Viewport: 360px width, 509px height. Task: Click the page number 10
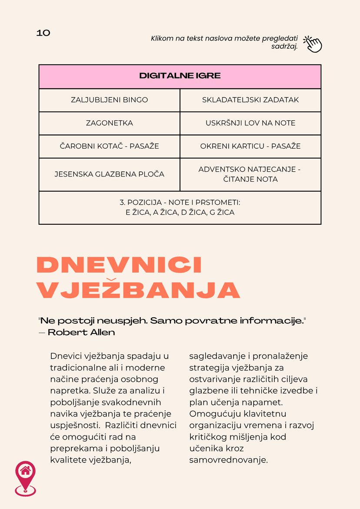[x=43, y=33]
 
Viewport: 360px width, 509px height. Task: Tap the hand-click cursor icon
[x=312, y=44]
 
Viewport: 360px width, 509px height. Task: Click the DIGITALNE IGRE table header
[x=180, y=76]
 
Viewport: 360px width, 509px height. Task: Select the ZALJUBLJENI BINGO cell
[x=109, y=100]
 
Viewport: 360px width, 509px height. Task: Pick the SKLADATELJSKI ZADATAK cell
[x=250, y=100]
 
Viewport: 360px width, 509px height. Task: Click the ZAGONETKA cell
[x=109, y=123]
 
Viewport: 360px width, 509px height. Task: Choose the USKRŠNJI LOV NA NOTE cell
[x=250, y=123]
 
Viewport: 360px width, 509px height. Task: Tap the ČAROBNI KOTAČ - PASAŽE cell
[x=109, y=146]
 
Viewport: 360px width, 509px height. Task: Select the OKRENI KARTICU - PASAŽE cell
[x=250, y=146]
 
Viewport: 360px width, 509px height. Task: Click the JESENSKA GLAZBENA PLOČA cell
[x=109, y=174]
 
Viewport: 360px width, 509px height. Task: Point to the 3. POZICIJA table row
[x=180, y=207]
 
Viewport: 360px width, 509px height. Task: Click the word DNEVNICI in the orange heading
[x=119, y=265]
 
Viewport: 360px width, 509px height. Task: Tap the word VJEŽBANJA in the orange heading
[x=138, y=290]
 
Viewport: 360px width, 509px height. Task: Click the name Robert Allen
[x=81, y=333]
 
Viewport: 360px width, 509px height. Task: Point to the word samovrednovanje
[x=228, y=459]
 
